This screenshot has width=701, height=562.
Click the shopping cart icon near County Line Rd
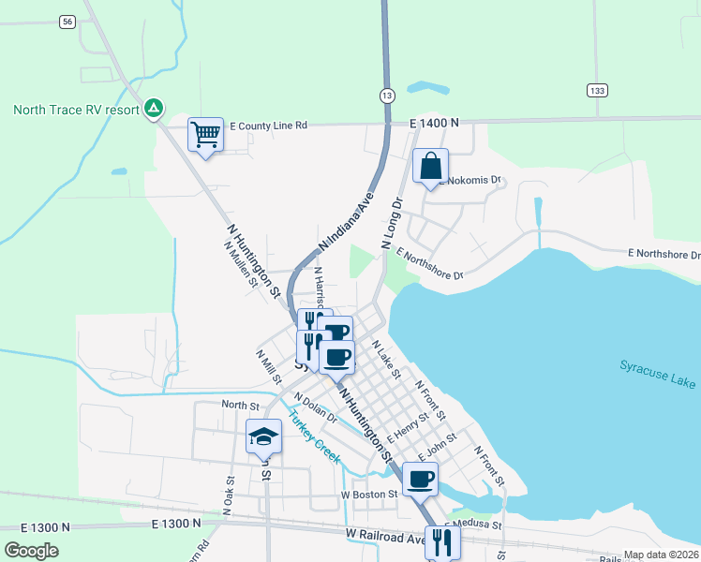tap(206, 134)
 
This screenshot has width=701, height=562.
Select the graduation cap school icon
tap(263, 436)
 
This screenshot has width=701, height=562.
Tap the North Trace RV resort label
tap(76, 110)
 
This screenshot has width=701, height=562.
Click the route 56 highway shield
tap(66, 21)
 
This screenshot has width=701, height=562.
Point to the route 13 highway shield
tap(387, 96)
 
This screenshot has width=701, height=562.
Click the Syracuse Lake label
tap(657, 374)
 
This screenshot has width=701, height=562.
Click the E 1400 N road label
tap(435, 123)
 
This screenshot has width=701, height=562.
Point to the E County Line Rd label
tap(268, 126)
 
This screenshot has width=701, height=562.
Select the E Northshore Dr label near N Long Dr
tap(429, 264)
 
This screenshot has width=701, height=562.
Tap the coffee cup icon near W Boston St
tap(421, 479)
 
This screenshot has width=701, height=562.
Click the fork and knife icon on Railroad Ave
tap(441, 541)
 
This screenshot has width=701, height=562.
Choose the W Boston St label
tap(370, 494)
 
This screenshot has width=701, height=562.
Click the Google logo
tap(32, 551)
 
